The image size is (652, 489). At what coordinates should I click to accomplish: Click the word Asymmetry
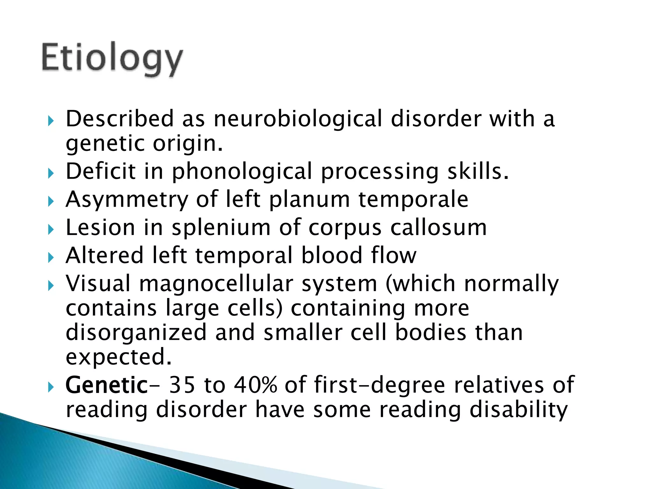pyautogui.click(x=127, y=200)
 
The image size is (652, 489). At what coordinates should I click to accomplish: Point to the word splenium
pyautogui.click(x=221, y=228)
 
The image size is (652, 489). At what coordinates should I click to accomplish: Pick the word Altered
pyautogui.click(x=104, y=256)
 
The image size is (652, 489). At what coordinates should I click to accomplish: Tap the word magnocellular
pyautogui.click(x=216, y=284)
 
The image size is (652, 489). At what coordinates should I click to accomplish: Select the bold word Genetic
pyautogui.click(x=106, y=385)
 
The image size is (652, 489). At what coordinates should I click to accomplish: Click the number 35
pyautogui.click(x=182, y=385)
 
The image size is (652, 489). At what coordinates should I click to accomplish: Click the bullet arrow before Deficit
pyautogui.click(x=51, y=174)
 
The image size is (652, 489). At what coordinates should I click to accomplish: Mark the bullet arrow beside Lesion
pyautogui.click(x=51, y=229)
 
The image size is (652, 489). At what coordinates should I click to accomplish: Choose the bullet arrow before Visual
pyautogui.click(x=51, y=285)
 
